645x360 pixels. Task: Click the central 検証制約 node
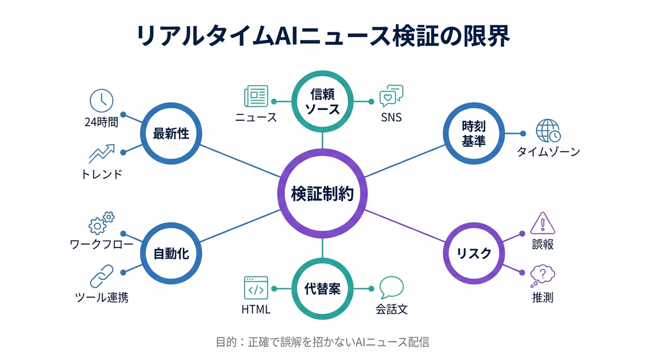point(322,194)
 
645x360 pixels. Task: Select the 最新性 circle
point(171,134)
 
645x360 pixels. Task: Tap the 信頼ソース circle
point(322,101)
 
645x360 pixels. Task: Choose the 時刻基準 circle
point(474,134)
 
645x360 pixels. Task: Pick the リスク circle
point(474,254)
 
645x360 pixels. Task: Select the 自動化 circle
point(171,254)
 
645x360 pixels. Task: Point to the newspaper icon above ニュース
point(256,97)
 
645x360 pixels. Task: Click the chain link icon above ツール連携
point(102,276)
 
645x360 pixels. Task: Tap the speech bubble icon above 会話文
point(391,287)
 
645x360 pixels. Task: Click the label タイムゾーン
point(548,152)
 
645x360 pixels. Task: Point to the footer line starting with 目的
point(322,342)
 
